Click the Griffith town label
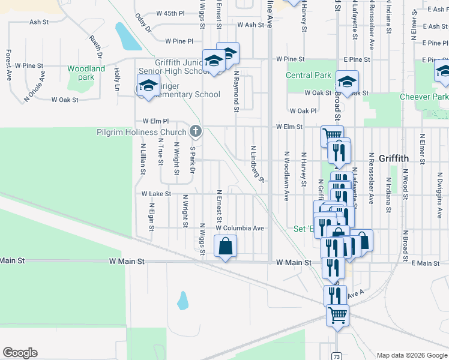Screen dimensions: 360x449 [393, 158]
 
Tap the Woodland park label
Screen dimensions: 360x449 [86, 73]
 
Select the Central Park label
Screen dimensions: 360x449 [309, 75]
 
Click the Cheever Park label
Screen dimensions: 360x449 [423, 97]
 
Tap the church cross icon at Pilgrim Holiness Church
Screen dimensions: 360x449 [194, 131]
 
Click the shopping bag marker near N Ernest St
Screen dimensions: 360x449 [225, 247]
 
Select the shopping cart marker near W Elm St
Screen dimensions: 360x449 [332, 136]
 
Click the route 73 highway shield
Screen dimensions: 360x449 [337, 356]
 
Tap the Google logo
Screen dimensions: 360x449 [20, 353]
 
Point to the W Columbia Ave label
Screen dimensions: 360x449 [240, 229]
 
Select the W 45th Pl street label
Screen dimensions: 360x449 [170, 13]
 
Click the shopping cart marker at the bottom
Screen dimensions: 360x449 [337, 314]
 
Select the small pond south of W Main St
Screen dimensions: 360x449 [182, 299]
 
